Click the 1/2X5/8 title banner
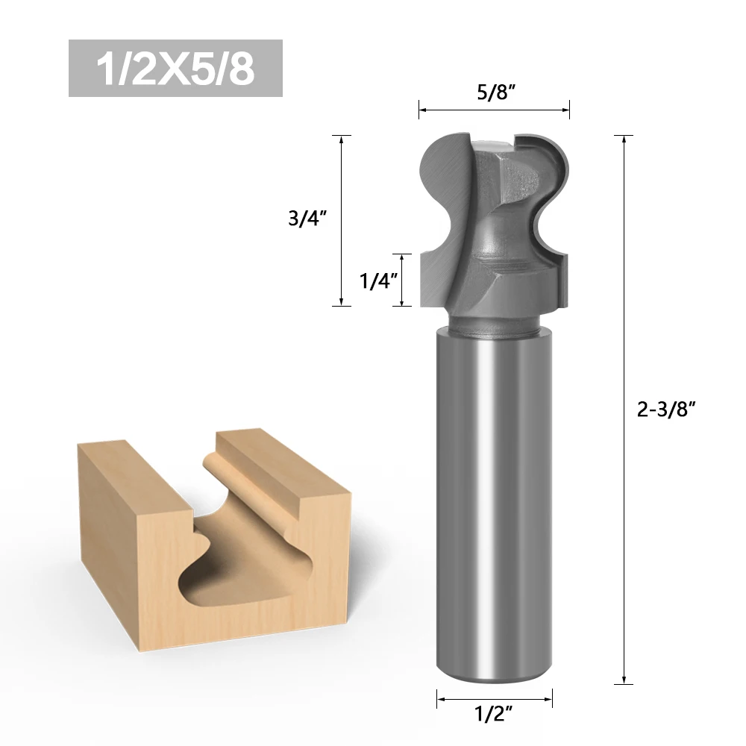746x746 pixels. tap(175, 69)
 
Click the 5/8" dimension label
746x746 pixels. tap(496, 92)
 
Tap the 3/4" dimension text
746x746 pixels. tap(307, 218)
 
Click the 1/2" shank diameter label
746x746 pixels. tap(494, 714)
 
